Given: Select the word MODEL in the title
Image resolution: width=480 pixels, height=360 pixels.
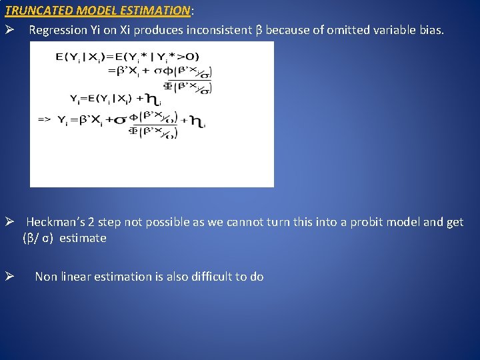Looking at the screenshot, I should pos(94,11).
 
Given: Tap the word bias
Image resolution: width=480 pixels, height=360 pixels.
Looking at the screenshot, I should pos(431,31).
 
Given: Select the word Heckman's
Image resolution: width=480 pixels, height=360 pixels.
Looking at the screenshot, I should pos(55,223).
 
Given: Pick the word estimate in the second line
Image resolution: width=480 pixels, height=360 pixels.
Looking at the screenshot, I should pos(83,239).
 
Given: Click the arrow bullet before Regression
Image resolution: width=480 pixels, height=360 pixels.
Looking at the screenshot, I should pos(9,31).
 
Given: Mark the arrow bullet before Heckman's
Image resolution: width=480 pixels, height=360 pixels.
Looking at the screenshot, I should pos(9,223).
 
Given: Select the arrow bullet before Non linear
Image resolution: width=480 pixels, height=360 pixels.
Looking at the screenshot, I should pos(9,277).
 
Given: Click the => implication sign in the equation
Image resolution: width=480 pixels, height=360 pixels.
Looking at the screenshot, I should pos(44,120).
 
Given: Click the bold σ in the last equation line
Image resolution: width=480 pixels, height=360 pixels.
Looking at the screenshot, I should pos(121,121).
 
